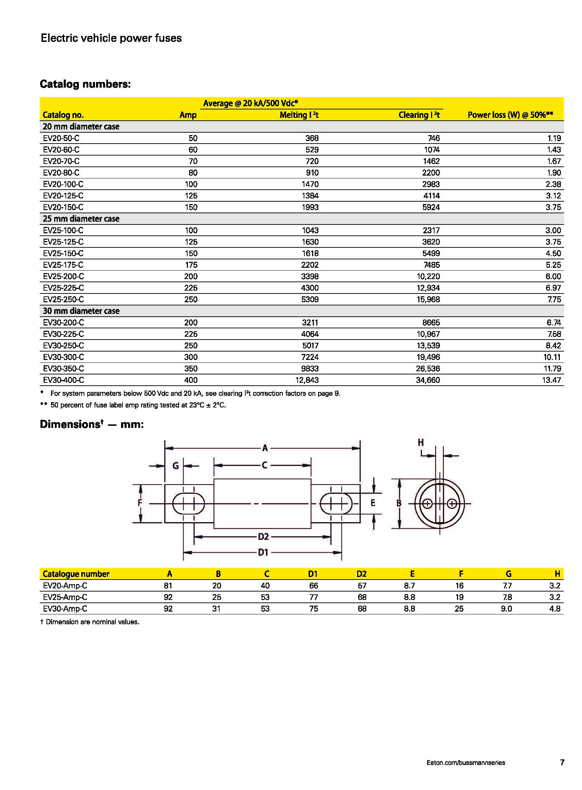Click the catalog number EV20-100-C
pyautogui.click(x=63, y=184)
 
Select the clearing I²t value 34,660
pyautogui.click(x=428, y=380)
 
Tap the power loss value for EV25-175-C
pyautogui.click(x=553, y=265)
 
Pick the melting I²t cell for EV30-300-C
pyautogui.click(x=310, y=357)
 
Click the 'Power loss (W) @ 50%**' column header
pyautogui.click(x=510, y=115)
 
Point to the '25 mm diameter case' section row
pyautogui.click(x=81, y=219)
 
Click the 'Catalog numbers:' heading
pyautogui.click(x=85, y=84)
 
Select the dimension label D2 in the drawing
pyautogui.click(x=263, y=537)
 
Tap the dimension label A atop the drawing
pyautogui.click(x=265, y=448)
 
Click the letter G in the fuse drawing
pyautogui.click(x=176, y=466)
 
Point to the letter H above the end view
pyautogui.click(x=420, y=443)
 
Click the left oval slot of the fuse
pyautogui.click(x=189, y=504)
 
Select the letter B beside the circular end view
pyautogui.click(x=399, y=503)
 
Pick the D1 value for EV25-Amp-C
pyautogui.click(x=313, y=597)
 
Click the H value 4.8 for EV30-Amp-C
pyautogui.click(x=555, y=609)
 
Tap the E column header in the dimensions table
pyautogui.click(x=412, y=574)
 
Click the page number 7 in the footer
pyautogui.click(x=562, y=763)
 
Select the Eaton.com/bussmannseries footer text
pyautogui.click(x=466, y=763)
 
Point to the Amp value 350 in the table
pyautogui.click(x=191, y=368)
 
